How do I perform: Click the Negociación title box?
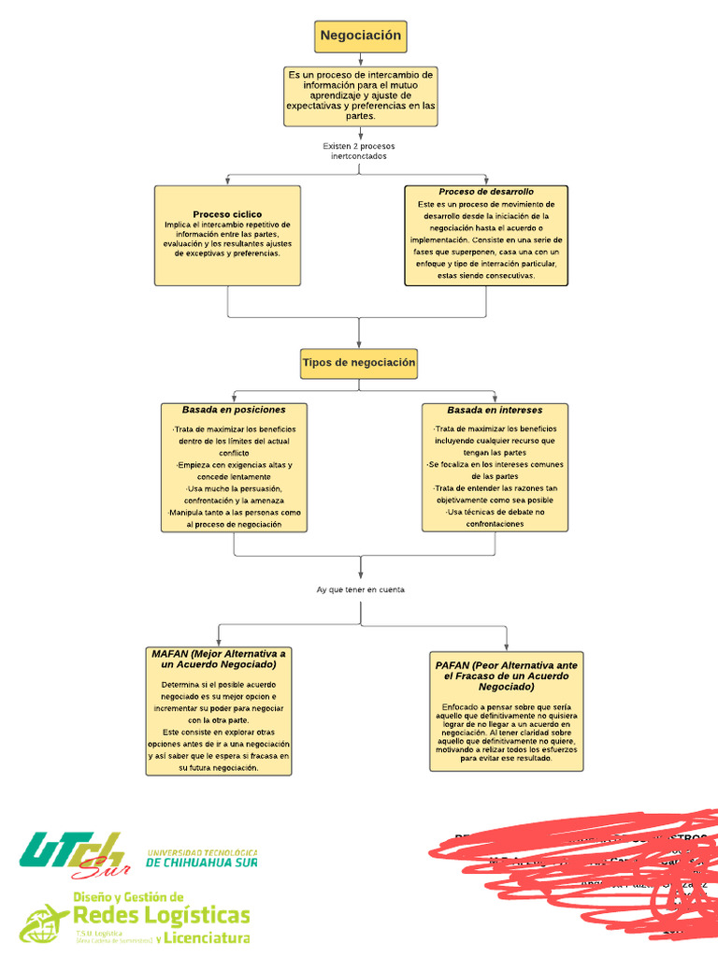[360, 36]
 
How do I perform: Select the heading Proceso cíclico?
[227, 214]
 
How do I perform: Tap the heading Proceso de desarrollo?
[486, 192]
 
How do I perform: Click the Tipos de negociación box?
[359, 363]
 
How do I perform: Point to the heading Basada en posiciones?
[234, 410]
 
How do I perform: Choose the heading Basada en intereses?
[495, 410]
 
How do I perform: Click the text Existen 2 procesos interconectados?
[359, 152]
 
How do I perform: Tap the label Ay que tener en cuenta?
[360, 589]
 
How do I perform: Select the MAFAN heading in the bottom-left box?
[219, 659]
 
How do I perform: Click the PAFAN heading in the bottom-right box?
[506, 675]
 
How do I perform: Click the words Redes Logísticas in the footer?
[161, 914]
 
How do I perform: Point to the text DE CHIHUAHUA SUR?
[201, 863]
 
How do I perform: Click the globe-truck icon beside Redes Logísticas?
[44, 922]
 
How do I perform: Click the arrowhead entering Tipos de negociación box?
[359, 344]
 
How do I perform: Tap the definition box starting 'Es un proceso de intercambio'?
[360, 95]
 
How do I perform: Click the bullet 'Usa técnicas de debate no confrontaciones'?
[495, 518]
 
